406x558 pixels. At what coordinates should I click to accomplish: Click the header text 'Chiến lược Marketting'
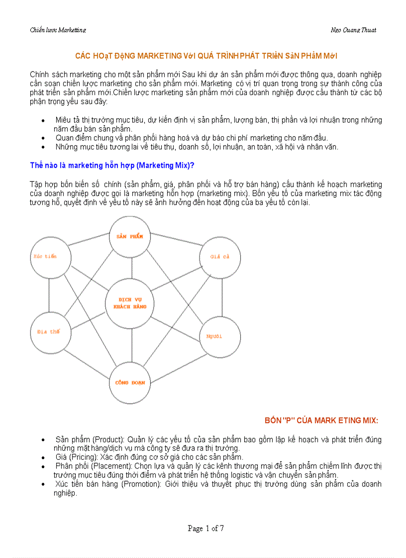tap(58, 30)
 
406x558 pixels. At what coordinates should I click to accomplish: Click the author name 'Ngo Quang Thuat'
tap(353, 30)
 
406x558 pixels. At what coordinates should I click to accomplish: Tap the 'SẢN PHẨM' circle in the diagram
tap(130, 237)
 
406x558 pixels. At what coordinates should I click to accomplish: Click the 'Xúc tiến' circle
tap(49, 256)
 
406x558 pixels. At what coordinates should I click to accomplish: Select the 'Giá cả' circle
tap(219, 257)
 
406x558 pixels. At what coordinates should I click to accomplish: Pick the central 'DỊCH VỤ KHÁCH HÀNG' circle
tap(131, 303)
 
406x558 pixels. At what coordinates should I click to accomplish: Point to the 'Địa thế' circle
tap(49, 332)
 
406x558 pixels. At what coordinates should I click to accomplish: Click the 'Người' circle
tap(219, 337)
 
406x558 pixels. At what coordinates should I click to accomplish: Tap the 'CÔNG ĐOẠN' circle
tap(130, 383)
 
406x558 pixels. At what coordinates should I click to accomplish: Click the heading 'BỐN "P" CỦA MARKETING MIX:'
tap(321, 420)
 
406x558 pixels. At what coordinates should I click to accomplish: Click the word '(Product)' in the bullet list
tap(109, 440)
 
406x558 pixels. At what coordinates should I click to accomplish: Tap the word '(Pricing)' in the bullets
tap(85, 457)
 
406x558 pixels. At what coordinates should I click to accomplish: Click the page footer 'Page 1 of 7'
tap(205, 528)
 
